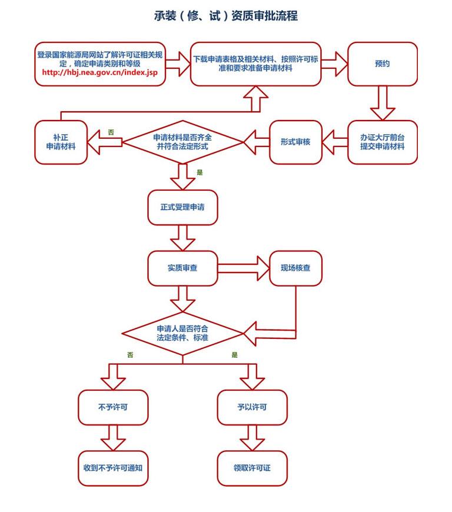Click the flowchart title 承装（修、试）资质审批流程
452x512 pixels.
click(x=226, y=16)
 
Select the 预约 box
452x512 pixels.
click(x=382, y=64)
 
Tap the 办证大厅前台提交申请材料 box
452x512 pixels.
click(x=382, y=142)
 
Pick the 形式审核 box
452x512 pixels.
click(x=295, y=142)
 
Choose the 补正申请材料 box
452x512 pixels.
click(x=61, y=142)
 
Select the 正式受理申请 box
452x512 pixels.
click(x=182, y=208)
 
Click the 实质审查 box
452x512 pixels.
click(x=182, y=268)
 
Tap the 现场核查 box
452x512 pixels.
click(x=295, y=268)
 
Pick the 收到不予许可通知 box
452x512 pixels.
click(x=112, y=468)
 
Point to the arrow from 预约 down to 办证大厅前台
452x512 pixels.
click(x=382, y=103)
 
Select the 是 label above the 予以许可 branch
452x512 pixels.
click(x=234, y=355)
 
